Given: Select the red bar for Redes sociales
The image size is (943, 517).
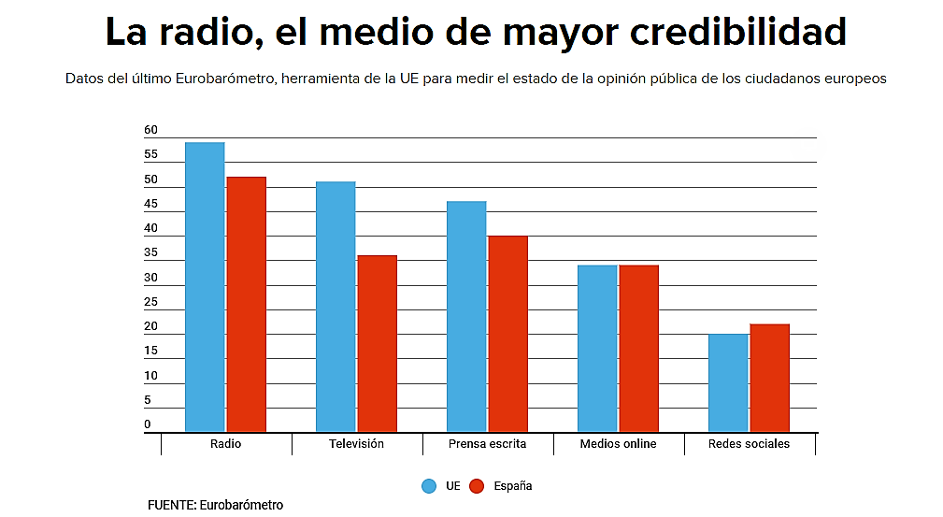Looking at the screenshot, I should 769,378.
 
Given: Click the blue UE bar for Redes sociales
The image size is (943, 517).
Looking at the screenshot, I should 728,382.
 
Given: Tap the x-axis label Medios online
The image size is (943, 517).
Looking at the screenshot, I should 618,444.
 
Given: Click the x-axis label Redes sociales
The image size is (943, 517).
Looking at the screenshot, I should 749,444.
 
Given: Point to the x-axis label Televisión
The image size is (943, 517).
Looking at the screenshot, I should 356,444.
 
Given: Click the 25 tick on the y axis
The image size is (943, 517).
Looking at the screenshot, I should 150,303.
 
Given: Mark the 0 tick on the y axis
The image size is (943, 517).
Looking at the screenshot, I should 148,425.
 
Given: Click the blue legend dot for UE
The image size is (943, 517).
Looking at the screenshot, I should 429,486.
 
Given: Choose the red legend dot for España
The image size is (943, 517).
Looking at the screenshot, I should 477,486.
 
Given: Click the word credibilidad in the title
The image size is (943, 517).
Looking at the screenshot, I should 737,33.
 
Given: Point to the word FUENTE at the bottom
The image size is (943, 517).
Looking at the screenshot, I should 171,505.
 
